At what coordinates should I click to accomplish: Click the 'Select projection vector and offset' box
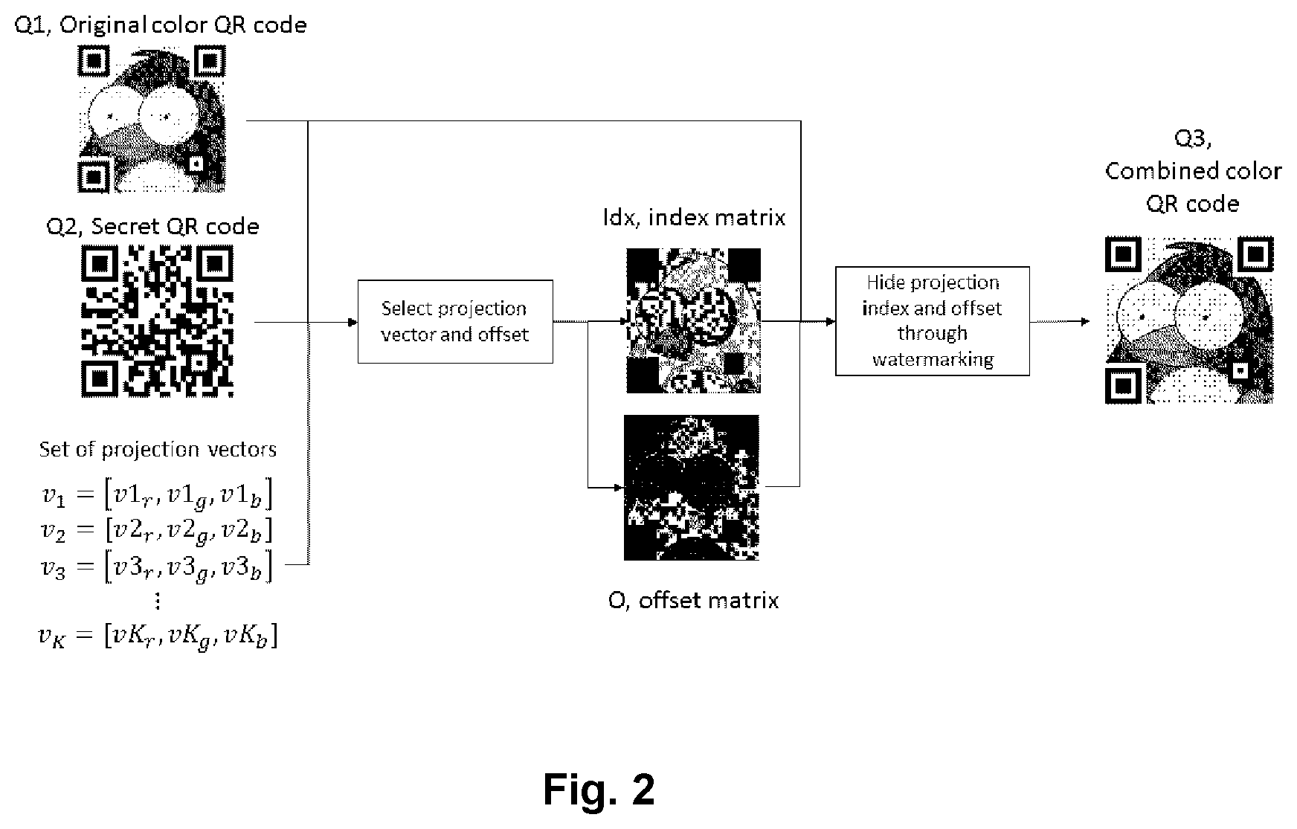coord(455,321)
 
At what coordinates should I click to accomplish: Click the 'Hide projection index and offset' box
coord(933,320)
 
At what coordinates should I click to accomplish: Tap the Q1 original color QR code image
coord(152,119)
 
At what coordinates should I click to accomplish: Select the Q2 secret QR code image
coord(157,321)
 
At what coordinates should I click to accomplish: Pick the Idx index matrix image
coord(693,320)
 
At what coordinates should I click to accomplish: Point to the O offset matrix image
coord(692,488)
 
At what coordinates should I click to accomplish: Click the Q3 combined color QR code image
coord(1189,320)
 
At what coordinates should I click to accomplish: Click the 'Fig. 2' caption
coord(599,789)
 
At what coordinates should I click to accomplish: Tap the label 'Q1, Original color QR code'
coord(161,25)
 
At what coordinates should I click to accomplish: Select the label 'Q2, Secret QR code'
coord(152,226)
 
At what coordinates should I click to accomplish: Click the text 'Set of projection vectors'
coord(158,449)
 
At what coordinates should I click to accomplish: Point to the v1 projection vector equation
coord(157,495)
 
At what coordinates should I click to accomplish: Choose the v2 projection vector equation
coord(157,531)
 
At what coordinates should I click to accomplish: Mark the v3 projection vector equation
coord(157,567)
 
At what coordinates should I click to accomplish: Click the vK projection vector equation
coord(158,636)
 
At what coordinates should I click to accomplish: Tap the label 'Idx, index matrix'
coord(694,217)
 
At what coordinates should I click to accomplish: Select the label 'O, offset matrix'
coord(693,600)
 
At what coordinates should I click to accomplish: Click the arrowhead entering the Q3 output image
coord(1086,321)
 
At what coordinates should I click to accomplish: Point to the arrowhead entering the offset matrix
coord(619,488)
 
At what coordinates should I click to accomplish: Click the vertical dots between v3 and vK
coord(157,601)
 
